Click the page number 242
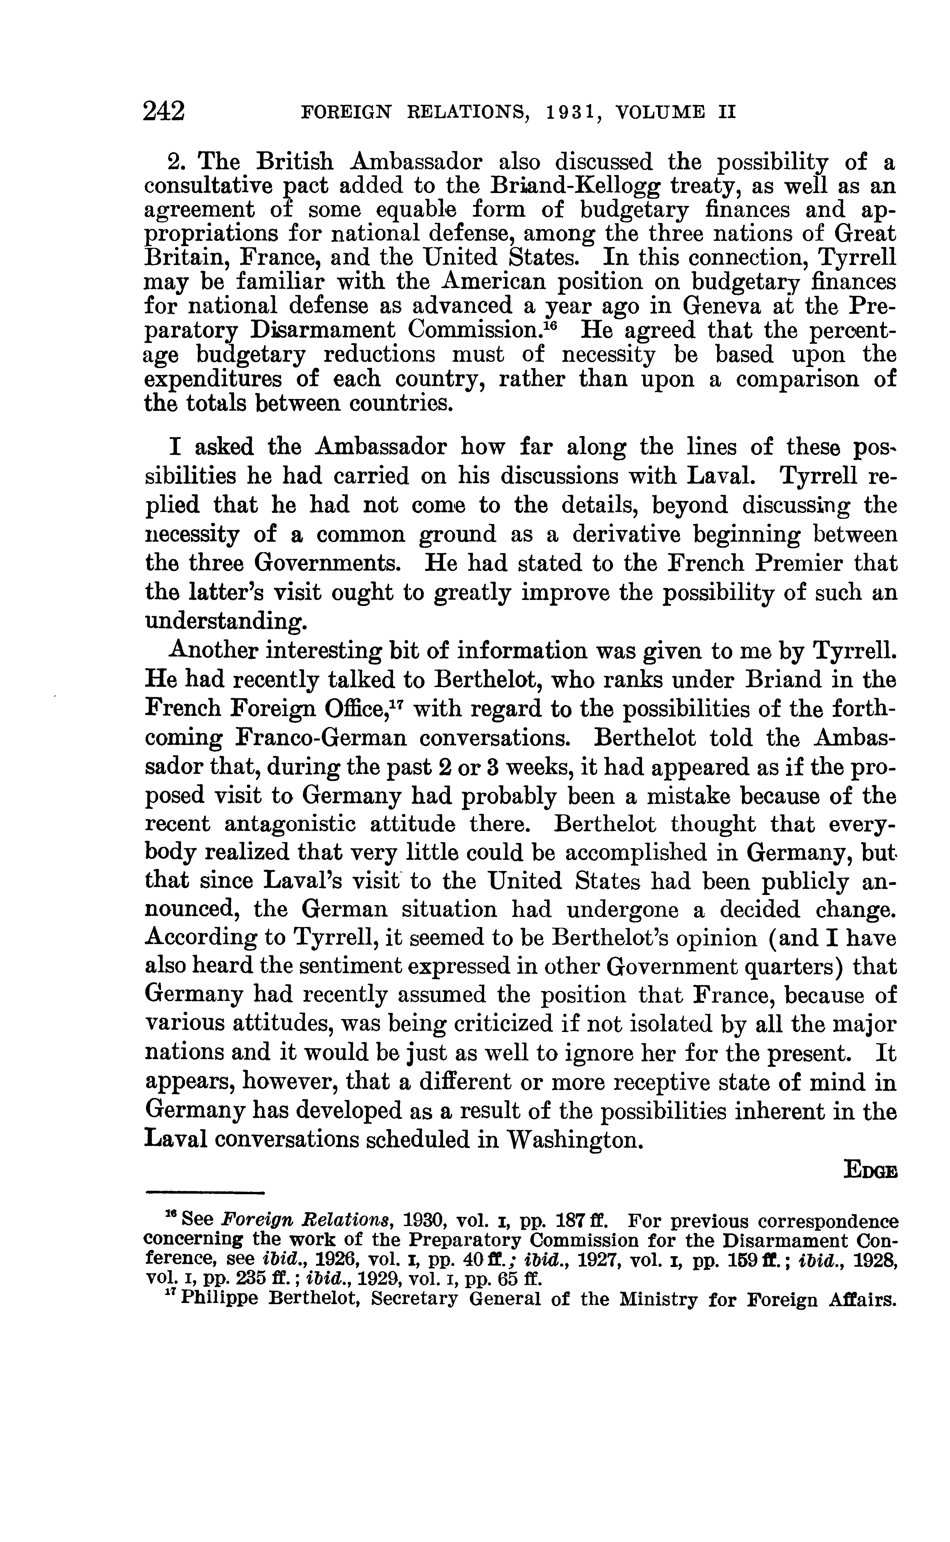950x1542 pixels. click(x=164, y=111)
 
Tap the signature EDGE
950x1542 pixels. click(x=870, y=1170)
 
